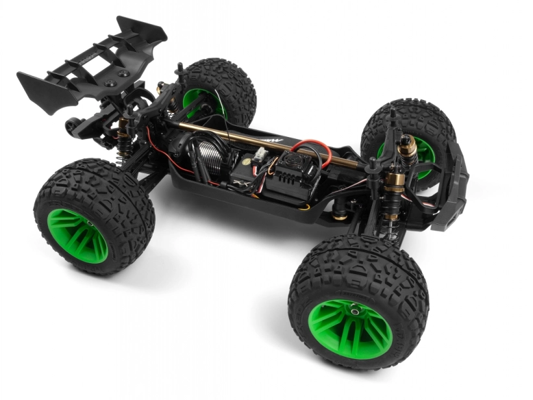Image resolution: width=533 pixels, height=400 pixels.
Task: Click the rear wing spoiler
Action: (91, 62)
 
